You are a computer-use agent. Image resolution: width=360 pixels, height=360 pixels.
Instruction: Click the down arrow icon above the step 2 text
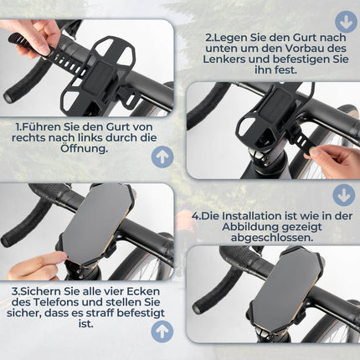345,21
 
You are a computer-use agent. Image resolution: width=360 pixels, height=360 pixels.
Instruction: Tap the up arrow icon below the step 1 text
162,156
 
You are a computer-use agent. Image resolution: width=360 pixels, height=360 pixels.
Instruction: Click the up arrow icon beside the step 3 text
162,330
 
